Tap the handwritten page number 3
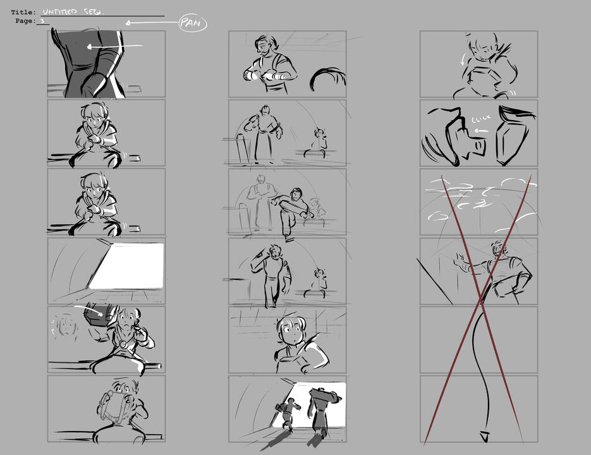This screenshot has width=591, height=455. (x=42, y=21)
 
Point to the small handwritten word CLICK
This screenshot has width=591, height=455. (x=481, y=119)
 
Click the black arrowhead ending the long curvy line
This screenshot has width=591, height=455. (x=484, y=435)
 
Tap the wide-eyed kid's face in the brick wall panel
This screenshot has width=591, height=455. (x=291, y=329)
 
